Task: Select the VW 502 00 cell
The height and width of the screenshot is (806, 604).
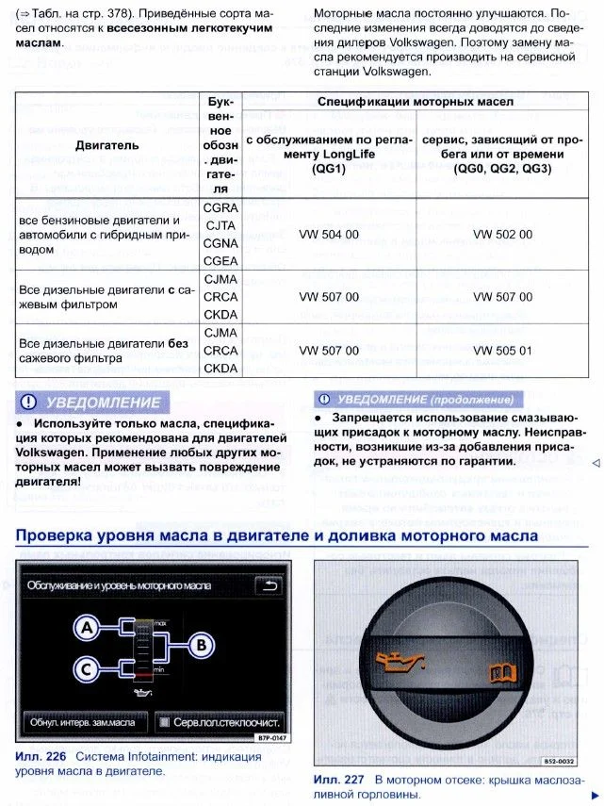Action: point(502,235)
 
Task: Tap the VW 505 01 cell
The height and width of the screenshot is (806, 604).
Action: point(502,351)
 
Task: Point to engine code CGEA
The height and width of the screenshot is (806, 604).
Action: point(220,261)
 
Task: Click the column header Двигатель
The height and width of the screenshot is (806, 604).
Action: point(106,145)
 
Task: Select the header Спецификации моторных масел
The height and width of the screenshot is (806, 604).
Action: point(415,101)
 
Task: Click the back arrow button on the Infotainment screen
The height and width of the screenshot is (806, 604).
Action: point(271,585)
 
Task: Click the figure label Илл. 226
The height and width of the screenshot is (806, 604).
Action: point(41,757)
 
